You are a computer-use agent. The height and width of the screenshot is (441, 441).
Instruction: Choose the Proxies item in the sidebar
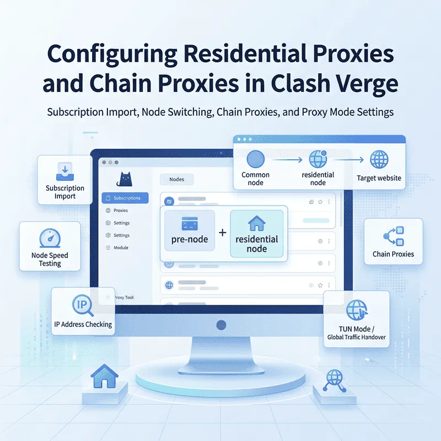pyautogui.click(x=120, y=211)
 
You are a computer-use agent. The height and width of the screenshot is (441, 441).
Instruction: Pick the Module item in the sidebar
pyautogui.click(x=120, y=248)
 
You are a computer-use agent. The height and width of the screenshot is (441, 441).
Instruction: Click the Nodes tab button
pyautogui.click(x=177, y=179)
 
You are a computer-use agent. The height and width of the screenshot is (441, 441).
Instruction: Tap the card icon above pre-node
pyautogui.click(x=190, y=224)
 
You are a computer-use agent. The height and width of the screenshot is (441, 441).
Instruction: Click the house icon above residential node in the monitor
pyautogui.click(x=256, y=223)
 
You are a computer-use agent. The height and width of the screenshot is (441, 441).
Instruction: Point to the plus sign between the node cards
pyautogui.click(x=223, y=233)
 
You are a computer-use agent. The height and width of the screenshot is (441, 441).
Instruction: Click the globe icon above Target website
pyautogui.click(x=379, y=160)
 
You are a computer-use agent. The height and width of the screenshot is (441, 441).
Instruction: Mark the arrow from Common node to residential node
pyautogui.click(x=288, y=160)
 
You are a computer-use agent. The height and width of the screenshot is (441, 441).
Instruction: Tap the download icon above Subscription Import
pyautogui.click(x=65, y=171)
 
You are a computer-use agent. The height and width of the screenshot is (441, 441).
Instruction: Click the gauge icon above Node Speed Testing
pyautogui.click(x=46, y=238)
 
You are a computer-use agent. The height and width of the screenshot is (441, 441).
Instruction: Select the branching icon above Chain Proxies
pyautogui.click(x=393, y=236)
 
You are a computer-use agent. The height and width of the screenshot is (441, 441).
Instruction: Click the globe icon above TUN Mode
pyautogui.click(x=356, y=309)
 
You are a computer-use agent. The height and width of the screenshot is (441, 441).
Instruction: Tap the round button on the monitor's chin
pyautogui.click(x=221, y=324)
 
